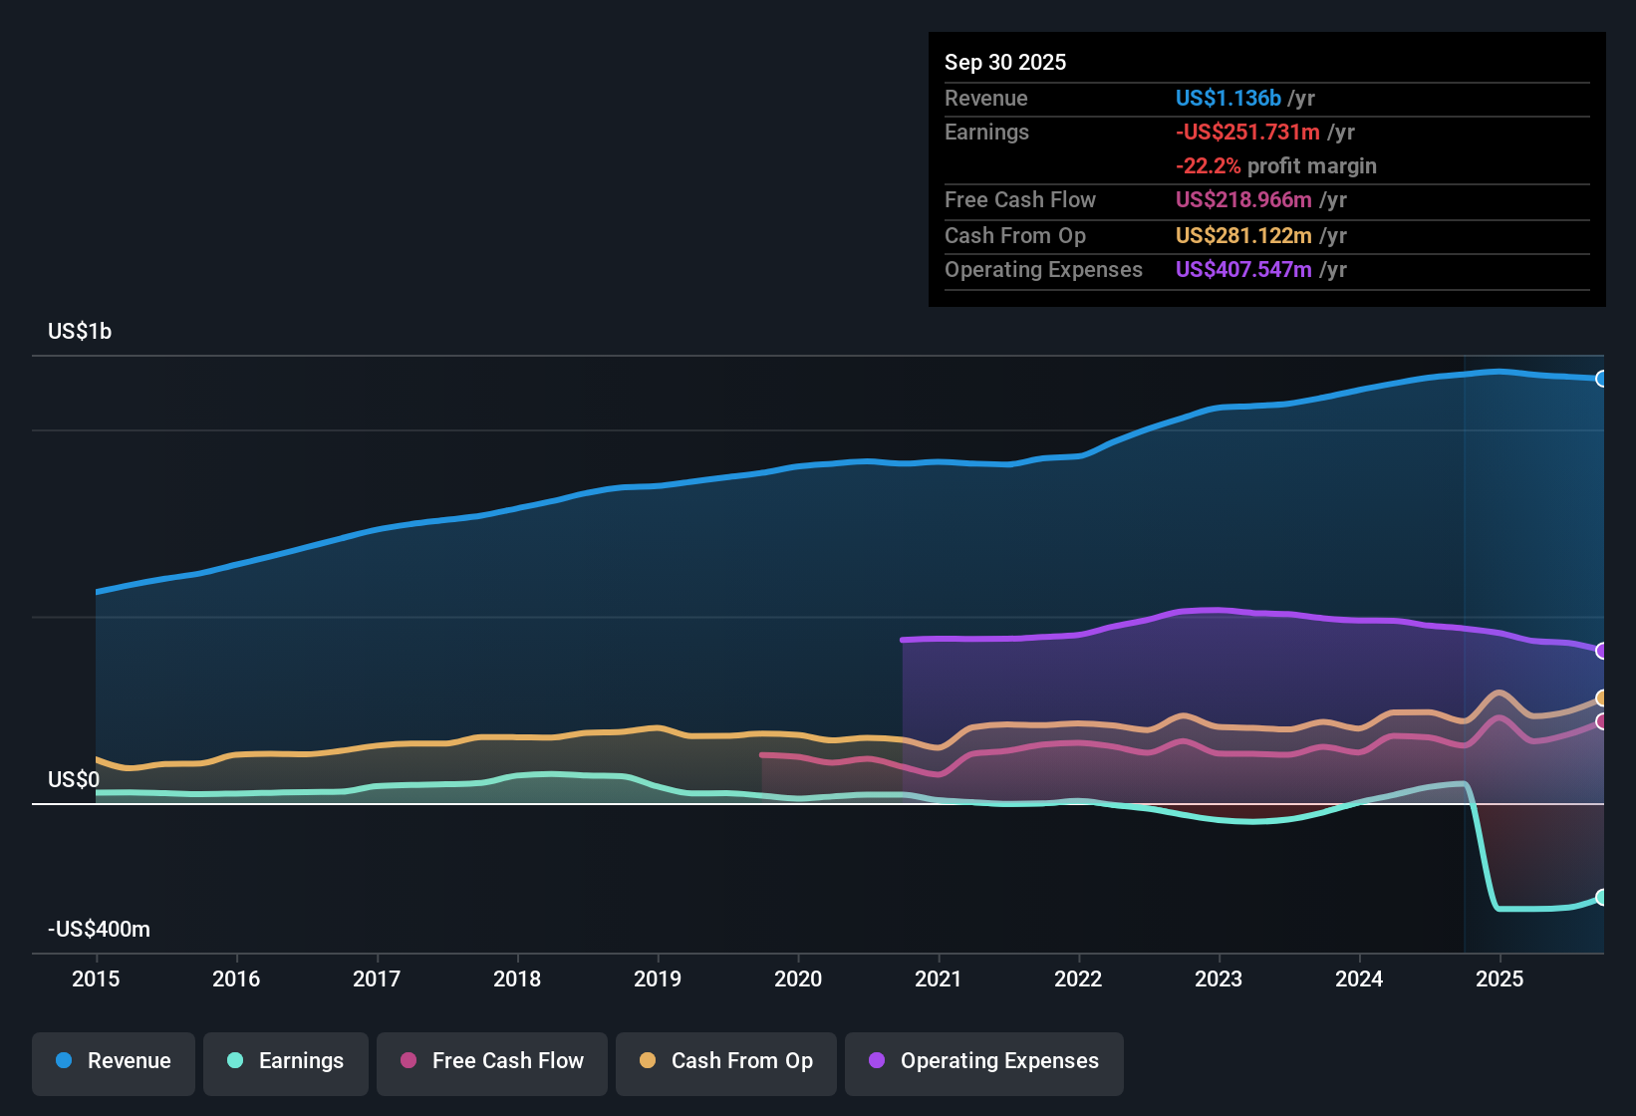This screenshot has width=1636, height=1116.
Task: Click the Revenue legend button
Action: point(114,1061)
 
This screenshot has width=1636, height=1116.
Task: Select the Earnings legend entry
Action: point(286,1061)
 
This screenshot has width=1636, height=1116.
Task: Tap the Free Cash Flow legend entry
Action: point(492,1061)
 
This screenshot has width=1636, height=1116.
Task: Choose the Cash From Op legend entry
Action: point(726,1061)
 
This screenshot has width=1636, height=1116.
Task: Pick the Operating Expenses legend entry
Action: point(984,1061)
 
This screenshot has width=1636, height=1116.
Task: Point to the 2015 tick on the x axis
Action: point(96,978)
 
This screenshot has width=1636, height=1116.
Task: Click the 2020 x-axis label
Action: point(798,978)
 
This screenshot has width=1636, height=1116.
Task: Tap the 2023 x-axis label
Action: point(1219,978)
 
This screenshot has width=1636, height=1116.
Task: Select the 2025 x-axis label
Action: point(1500,978)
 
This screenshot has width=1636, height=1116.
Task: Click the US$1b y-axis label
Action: point(80,331)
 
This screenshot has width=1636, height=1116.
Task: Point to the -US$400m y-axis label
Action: point(99,929)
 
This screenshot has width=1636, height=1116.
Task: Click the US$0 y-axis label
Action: point(74,779)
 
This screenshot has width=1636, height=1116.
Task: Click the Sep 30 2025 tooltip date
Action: point(1005,62)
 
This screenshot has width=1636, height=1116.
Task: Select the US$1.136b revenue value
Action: point(1227,98)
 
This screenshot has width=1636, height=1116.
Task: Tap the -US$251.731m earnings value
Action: point(1247,132)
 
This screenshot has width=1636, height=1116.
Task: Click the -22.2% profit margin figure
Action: point(1208,165)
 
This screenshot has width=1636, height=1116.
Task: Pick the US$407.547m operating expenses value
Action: point(1243,269)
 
